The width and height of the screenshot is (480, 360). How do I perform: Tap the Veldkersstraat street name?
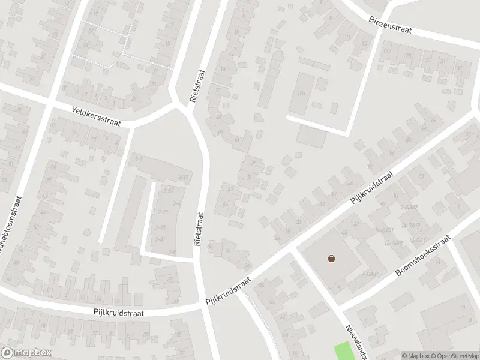click(x=95, y=116)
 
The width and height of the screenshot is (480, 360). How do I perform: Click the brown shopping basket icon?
click(x=331, y=259)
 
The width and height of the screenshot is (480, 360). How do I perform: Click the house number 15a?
click(x=301, y=94)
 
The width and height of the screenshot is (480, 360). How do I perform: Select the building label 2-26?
click(x=183, y=177)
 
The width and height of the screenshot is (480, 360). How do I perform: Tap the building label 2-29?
click(x=163, y=212)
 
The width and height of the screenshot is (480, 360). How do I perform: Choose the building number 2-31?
click(x=160, y=239)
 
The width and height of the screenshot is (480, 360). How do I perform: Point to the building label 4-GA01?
click(x=370, y=274)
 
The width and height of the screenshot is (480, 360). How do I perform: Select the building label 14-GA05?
click(x=393, y=244)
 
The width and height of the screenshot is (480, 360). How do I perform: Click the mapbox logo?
click(x=26, y=352)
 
